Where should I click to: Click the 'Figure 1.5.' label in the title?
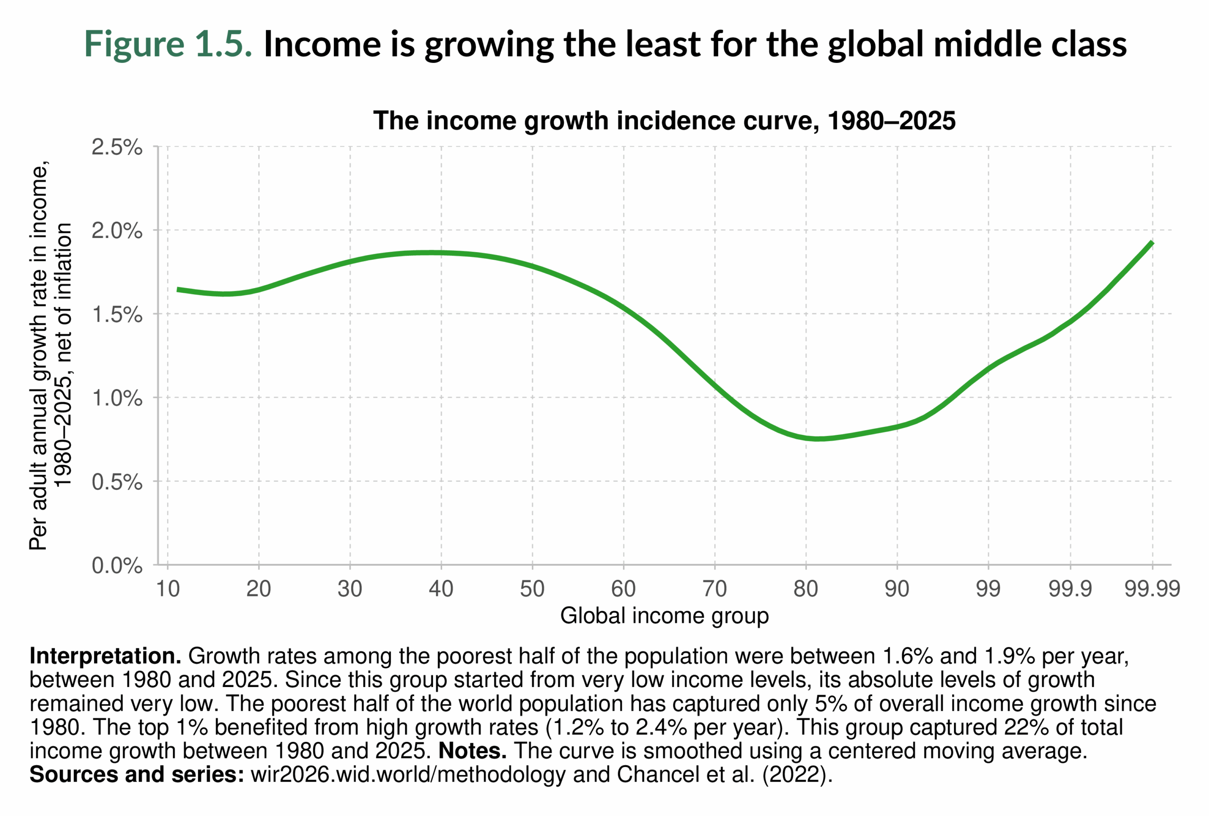168,44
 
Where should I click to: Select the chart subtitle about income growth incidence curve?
664,121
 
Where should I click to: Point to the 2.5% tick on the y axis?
117,147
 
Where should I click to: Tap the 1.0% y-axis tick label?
117,399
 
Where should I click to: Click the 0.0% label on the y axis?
117,565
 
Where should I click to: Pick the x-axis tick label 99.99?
1152,589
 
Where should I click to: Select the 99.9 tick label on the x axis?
1070,589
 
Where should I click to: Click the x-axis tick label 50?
532,589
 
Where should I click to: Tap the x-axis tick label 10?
168,589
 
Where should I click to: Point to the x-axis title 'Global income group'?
664,616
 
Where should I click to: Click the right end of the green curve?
1152,242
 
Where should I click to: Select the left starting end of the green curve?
178,289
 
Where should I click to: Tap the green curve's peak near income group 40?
432,253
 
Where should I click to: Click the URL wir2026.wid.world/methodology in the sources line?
408,775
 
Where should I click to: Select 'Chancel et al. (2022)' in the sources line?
724,775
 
